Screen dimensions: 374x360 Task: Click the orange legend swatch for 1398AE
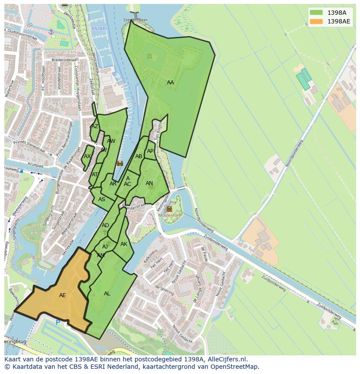click(x=316, y=21)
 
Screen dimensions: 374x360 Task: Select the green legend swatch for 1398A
click(x=316, y=13)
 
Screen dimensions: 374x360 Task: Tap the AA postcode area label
click(x=170, y=83)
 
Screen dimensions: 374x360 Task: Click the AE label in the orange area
click(x=63, y=295)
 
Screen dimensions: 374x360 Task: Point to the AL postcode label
click(x=107, y=294)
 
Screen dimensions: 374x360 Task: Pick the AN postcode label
click(x=149, y=183)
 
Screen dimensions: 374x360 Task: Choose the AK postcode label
click(x=124, y=244)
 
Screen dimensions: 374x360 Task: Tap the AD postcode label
click(x=105, y=225)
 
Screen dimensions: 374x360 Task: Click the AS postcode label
click(x=102, y=199)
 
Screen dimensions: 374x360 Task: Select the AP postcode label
click(x=150, y=151)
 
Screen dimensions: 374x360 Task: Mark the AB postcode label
click(x=139, y=156)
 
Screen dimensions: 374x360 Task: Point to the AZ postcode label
click(x=94, y=126)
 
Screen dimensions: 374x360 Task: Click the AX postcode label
click(x=87, y=156)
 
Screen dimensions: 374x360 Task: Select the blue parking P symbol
click(x=58, y=322)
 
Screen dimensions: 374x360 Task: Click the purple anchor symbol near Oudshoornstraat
click(x=51, y=32)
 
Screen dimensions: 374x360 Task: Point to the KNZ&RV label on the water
click(x=100, y=29)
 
